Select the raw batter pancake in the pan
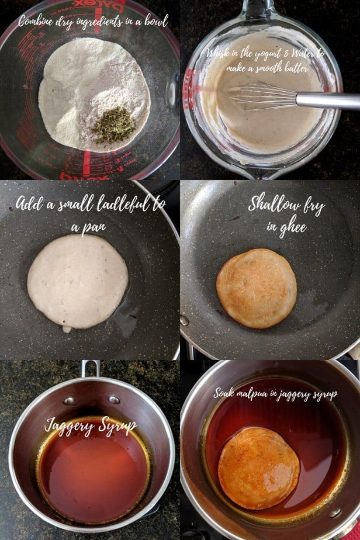[78, 281]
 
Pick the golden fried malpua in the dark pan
[257, 288]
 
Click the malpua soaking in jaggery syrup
[258, 467]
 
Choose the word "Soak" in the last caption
[224, 393]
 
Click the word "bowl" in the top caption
[154, 22]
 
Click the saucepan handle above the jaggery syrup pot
[90, 368]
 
